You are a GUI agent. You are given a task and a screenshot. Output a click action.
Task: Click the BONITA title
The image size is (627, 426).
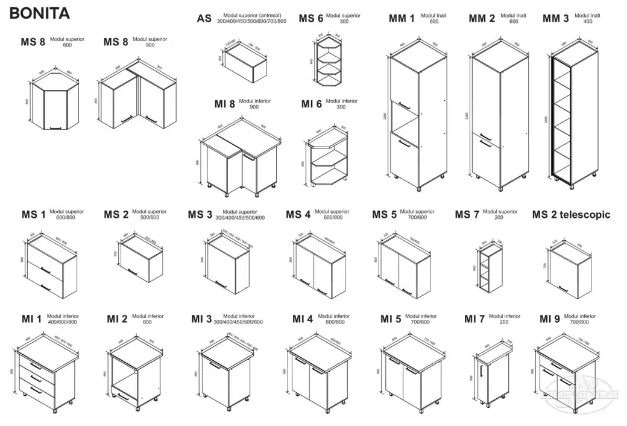(x=40, y=13)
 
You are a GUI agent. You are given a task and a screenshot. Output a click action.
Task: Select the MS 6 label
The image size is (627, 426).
(x=311, y=18)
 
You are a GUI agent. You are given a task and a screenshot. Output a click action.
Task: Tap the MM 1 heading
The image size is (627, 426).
(x=402, y=19)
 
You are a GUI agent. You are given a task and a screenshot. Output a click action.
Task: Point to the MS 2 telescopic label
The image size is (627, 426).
(x=572, y=214)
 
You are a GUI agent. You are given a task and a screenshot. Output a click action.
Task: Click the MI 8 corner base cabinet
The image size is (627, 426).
(x=238, y=160)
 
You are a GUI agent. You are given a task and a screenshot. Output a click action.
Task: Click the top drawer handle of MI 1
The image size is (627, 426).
(x=37, y=366)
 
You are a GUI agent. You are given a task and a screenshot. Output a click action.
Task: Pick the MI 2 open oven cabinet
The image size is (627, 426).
(x=134, y=374)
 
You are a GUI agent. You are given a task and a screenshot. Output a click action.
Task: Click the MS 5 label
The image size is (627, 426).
(x=384, y=214)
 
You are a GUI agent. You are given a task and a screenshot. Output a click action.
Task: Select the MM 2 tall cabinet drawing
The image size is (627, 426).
(x=499, y=118)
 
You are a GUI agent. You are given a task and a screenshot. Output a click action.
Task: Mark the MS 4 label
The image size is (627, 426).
(x=298, y=214)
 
